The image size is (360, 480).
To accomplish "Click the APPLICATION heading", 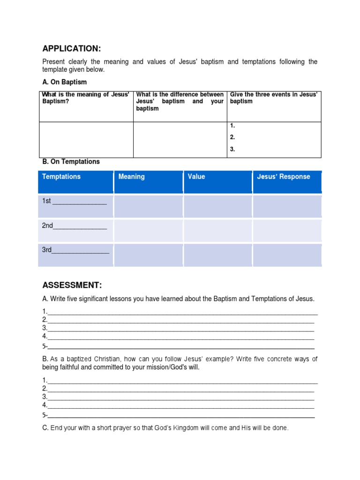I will [x=72, y=49].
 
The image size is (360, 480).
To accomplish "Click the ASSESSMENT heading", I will [x=72, y=285].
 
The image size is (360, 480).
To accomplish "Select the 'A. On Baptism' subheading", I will [x=65, y=82].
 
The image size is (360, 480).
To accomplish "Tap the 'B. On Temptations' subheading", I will [x=71, y=162].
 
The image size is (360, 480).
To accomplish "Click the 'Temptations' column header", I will [x=61, y=177].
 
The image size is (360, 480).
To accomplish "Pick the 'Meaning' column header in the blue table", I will [x=132, y=177].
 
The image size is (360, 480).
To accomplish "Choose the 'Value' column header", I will [x=196, y=177].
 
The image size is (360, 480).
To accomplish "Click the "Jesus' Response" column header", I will [x=284, y=177].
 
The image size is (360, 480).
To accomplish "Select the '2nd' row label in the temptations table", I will [x=47, y=225].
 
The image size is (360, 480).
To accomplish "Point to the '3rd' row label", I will [x=47, y=250].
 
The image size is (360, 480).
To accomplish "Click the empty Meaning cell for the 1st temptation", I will [x=148, y=206].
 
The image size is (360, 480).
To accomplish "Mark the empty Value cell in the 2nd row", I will [x=217, y=231].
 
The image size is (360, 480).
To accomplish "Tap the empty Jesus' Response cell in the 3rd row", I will [x=287, y=255].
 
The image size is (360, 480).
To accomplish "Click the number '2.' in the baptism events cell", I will [x=232, y=137].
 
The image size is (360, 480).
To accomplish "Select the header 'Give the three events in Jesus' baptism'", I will [x=274, y=98].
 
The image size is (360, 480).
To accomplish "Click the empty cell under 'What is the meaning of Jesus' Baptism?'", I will [x=86, y=140].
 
